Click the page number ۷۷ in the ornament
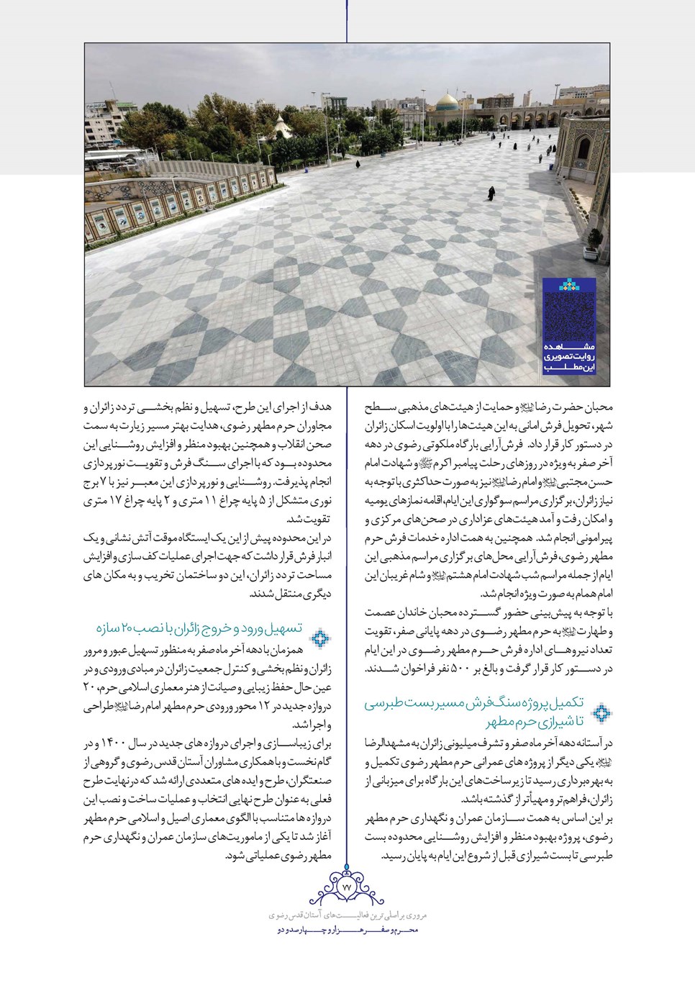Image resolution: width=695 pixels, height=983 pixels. [x=347, y=887]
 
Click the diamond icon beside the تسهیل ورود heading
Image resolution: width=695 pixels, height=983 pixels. [x=320, y=638]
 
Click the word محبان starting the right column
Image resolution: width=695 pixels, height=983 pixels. [x=597, y=407]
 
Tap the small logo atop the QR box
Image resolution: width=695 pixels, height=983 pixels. [x=568, y=286]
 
